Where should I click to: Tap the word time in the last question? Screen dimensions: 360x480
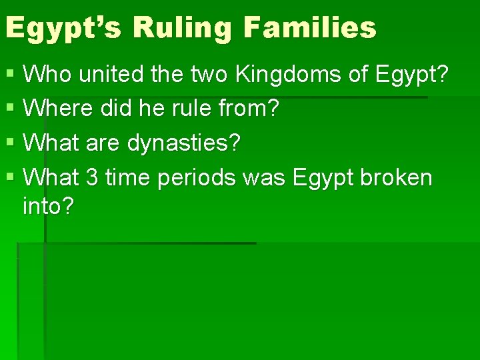[x=126, y=178]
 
